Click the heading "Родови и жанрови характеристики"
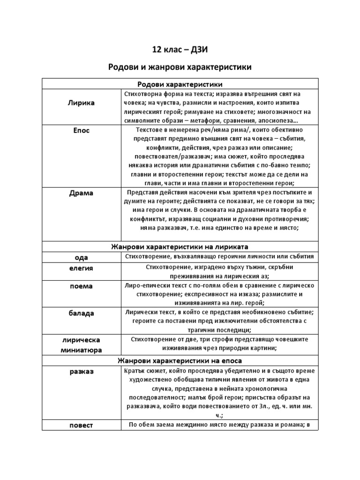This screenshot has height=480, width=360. pyautogui.click(x=180, y=67)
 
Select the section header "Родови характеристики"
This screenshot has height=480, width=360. pyautogui.click(x=180, y=84)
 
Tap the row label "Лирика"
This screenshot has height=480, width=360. pyautogui.click(x=81, y=103)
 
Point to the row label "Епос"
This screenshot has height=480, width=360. pyautogui.click(x=81, y=130)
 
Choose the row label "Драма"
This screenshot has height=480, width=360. pyautogui.click(x=81, y=193)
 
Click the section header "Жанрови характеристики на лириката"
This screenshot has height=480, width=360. pyautogui.click(x=180, y=247)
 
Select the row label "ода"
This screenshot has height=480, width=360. pyautogui.click(x=81, y=257)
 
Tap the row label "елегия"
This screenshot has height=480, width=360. pyautogui.click(x=81, y=268)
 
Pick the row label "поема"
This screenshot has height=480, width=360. pyautogui.click(x=81, y=286)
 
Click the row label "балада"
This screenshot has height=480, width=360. pyautogui.click(x=81, y=313)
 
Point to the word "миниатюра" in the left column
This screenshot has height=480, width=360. pyautogui.click(x=81, y=350)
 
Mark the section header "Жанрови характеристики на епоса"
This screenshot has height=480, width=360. pyautogui.click(x=180, y=361)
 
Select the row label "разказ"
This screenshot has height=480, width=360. pyautogui.click(x=81, y=371)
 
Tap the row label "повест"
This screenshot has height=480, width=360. pyautogui.click(x=81, y=425)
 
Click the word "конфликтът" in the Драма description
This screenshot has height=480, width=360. pyautogui.click(x=152, y=219)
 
